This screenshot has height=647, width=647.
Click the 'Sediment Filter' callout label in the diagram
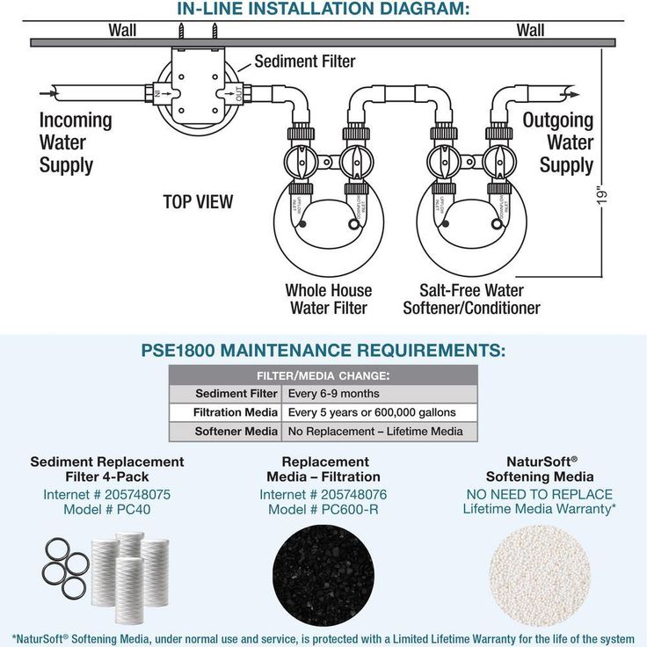304,62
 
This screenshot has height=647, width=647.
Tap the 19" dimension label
602,194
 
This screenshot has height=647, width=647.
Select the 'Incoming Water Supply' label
76,142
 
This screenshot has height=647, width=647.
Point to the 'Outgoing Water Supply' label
558,142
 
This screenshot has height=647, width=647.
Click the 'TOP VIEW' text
198,202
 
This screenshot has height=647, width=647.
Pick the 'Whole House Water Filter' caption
328,299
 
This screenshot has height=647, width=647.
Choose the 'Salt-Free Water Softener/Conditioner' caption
471,299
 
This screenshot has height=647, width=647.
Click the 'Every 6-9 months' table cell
334,393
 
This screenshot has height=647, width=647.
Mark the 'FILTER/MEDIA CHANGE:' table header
323,375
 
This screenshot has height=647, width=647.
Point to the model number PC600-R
323,509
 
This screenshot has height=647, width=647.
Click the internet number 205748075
107,494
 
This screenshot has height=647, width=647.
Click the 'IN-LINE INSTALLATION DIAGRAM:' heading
323,10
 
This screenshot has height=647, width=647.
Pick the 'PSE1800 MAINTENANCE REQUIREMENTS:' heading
323,351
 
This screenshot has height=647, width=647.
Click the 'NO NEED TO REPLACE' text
539,494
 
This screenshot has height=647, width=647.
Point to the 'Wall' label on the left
122,31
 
